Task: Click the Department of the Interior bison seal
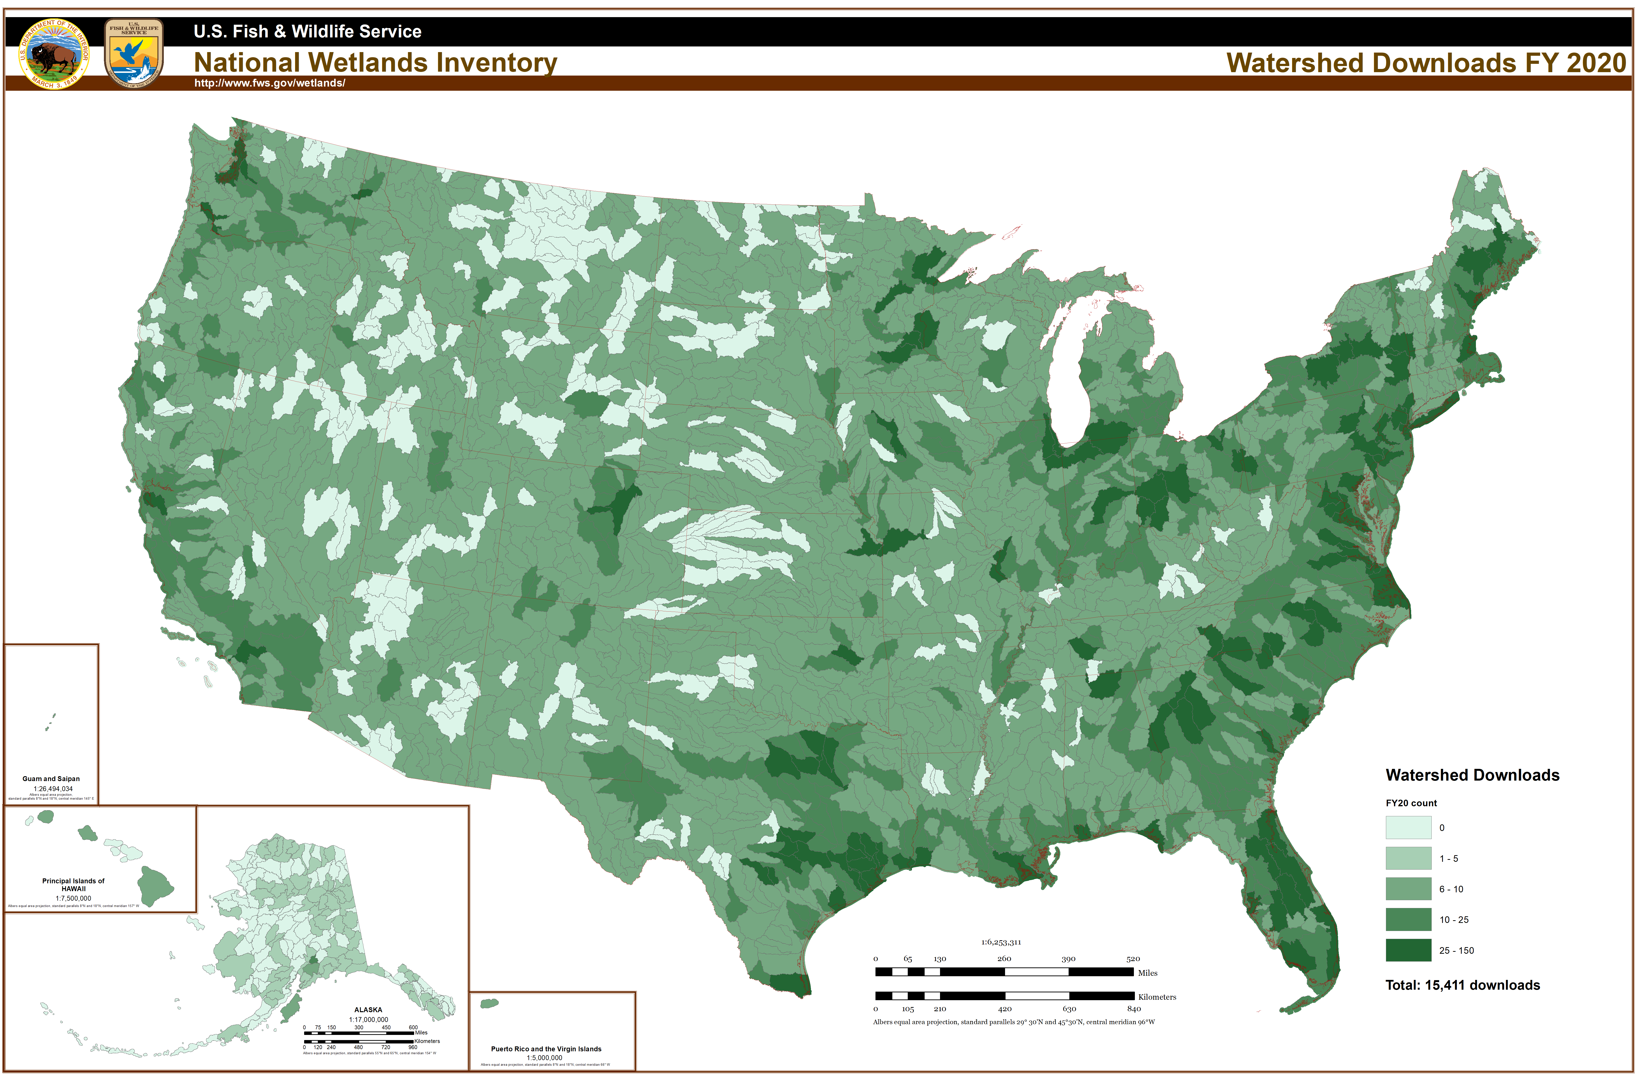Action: (54, 54)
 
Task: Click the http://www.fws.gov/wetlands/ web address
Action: (270, 83)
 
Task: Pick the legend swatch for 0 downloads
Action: (1408, 828)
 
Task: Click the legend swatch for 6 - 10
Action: (1408, 889)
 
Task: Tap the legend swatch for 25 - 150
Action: (1408, 950)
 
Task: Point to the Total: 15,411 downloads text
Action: (1462, 985)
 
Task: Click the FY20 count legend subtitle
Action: (1411, 803)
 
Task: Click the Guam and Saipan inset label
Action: (51, 779)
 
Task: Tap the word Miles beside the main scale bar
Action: (1147, 973)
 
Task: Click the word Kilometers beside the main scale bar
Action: (1157, 997)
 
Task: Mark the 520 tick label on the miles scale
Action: (1133, 958)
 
